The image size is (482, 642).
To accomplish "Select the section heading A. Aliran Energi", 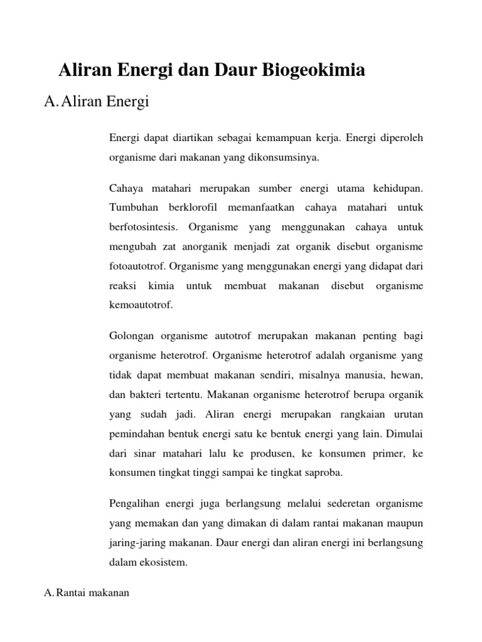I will [x=97, y=102].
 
